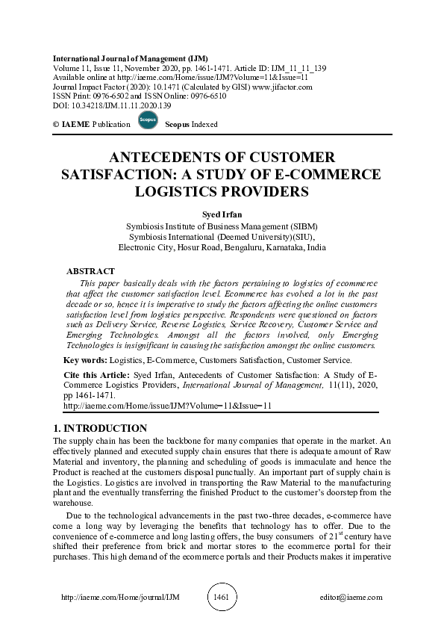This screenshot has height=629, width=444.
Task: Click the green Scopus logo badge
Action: [148, 121]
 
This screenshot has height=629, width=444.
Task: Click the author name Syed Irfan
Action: [222, 214]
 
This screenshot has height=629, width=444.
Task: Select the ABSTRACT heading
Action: [90, 271]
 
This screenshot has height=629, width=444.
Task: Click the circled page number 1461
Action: [222, 597]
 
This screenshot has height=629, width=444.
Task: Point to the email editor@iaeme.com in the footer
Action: [348, 598]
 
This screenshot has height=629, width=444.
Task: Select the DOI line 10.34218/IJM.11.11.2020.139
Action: [107, 106]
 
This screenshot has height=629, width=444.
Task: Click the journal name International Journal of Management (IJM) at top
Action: [131, 58]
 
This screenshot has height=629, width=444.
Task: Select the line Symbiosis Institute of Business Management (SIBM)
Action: [222, 226]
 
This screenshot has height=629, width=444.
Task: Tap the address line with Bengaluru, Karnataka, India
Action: [222, 247]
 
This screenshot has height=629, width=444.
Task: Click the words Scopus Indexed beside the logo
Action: [190, 124]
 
